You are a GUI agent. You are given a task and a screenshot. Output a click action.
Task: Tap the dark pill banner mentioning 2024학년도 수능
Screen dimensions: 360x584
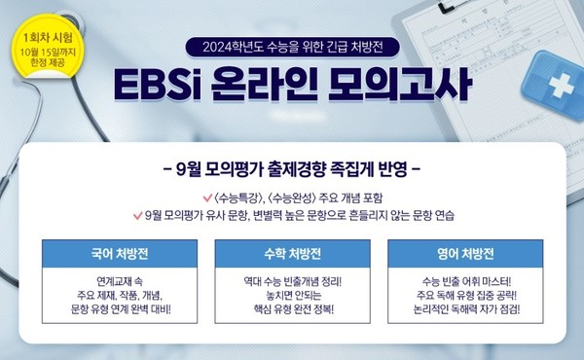pos(291,45)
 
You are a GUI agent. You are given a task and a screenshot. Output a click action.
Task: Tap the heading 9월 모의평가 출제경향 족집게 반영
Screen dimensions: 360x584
pos(292,165)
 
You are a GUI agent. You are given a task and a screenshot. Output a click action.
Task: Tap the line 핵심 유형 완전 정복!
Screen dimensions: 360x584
pos(291,312)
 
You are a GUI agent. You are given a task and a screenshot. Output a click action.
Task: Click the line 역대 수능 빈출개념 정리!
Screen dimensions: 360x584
pos(291,281)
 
